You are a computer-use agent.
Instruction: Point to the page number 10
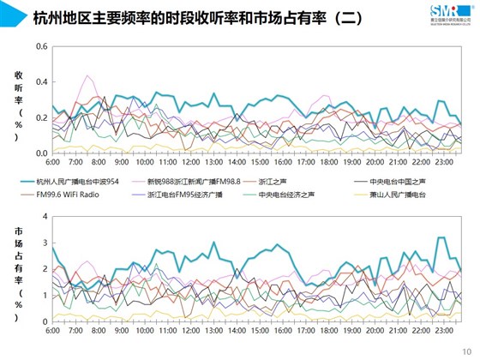[x=467, y=351]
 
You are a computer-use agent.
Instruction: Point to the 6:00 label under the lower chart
[x=51, y=330]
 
